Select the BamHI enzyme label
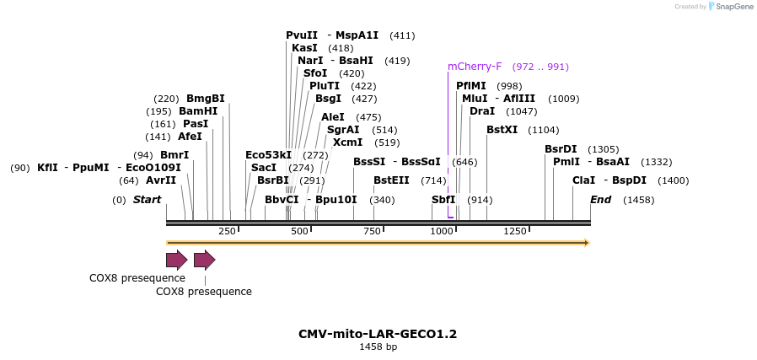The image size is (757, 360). click(198, 111)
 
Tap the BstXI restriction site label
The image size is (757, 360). click(502, 130)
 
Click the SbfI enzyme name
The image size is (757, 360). click(443, 200)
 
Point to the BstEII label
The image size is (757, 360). click(391, 180)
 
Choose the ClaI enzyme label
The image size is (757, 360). click(583, 180)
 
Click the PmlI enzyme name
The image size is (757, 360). click(566, 162)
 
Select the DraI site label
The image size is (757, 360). click(482, 111)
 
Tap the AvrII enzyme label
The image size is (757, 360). click(161, 180)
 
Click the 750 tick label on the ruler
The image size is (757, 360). click(372, 231)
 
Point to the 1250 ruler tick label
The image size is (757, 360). click(514, 231)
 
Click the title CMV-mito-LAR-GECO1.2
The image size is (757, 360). click(378, 334)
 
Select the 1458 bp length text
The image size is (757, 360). click(378, 347)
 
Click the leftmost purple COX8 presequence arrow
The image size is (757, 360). click(176, 260)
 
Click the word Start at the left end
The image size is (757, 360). click(147, 200)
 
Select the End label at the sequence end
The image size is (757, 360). click(600, 200)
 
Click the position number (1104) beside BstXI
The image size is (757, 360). click(543, 130)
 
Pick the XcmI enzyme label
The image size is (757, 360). click(347, 142)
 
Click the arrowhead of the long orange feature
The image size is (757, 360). click(587, 243)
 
